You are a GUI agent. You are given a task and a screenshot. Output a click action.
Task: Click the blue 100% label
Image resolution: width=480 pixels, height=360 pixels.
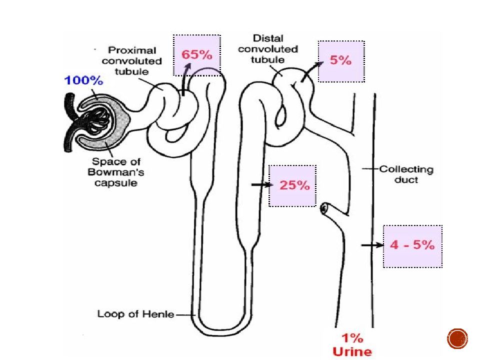click(x=83, y=80)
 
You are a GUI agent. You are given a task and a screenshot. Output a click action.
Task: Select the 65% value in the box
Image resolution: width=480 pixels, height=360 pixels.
click(x=197, y=55)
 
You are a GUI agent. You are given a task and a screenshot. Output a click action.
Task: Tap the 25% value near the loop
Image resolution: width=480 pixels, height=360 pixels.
click(x=294, y=185)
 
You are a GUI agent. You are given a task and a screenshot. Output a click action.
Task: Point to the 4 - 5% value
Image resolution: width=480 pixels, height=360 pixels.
click(x=412, y=245)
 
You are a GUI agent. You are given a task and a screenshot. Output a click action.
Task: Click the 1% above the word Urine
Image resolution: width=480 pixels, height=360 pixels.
click(x=352, y=338)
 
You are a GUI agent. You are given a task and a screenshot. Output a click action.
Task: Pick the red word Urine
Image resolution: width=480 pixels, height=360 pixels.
click(x=352, y=351)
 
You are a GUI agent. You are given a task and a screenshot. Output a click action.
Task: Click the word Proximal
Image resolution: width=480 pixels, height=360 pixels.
click(x=132, y=50)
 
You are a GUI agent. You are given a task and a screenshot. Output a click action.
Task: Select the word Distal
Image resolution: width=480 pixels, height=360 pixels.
click(x=268, y=38)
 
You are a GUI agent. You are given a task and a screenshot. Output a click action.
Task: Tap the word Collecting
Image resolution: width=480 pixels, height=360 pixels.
click(x=406, y=169)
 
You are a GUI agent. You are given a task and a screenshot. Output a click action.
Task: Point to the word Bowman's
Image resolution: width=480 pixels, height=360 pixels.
click(x=115, y=172)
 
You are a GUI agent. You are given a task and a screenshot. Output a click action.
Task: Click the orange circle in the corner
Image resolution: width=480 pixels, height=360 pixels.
click(x=457, y=339)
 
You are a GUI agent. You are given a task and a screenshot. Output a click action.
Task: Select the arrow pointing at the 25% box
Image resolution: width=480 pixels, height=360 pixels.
click(x=261, y=184)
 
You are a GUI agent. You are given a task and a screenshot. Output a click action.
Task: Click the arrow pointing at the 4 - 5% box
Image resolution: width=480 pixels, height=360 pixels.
click(x=372, y=245)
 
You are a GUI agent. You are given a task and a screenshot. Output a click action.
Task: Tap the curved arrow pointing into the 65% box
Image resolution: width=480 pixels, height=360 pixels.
click(x=185, y=80)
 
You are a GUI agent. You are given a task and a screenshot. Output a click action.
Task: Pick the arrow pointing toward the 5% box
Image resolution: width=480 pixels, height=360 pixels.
click(x=312, y=71)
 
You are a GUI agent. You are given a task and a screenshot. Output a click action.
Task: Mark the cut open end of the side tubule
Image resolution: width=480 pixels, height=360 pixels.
click(x=324, y=209)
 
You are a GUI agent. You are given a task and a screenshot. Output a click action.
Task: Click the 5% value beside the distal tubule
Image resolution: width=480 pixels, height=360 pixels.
click(x=340, y=60)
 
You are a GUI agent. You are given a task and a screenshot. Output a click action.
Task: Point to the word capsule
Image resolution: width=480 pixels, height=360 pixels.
click(x=115, y=183)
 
